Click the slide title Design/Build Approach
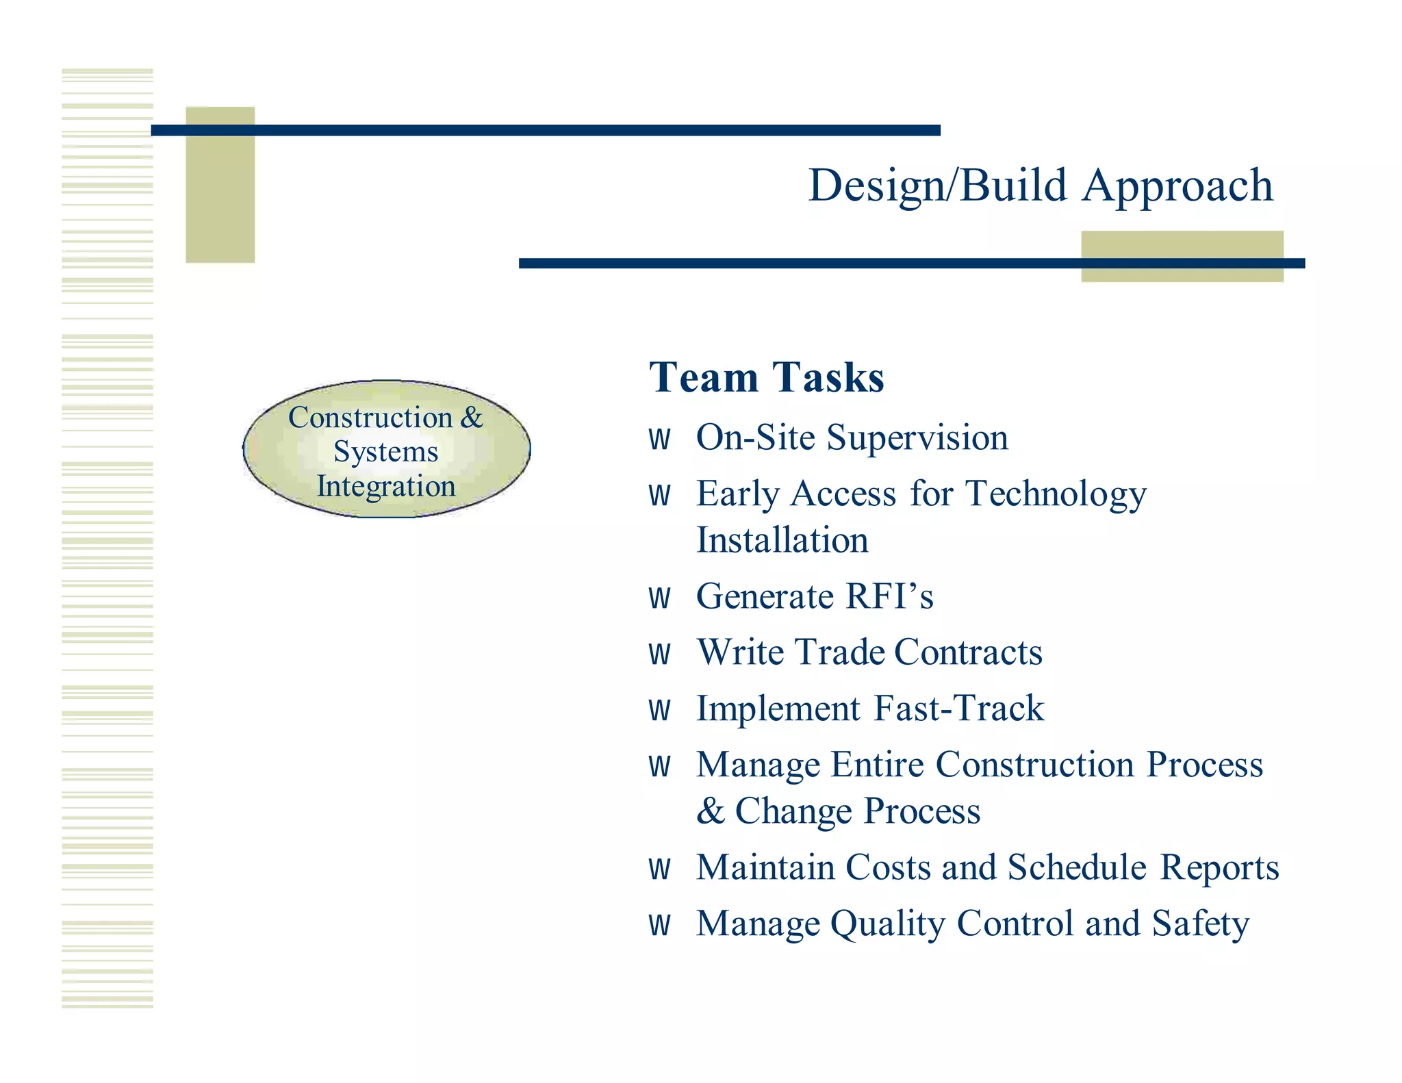click(1040, 186)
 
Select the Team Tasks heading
click(766, 378)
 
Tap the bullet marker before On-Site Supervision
click(659, 439)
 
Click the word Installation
click(782, 541)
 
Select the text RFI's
click(889, 596)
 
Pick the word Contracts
click(968, 652)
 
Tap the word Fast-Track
click(958, 709)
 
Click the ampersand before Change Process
click(711, 812)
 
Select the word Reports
click(1219, 867)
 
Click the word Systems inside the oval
click(385, 452)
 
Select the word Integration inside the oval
click(385, 486)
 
